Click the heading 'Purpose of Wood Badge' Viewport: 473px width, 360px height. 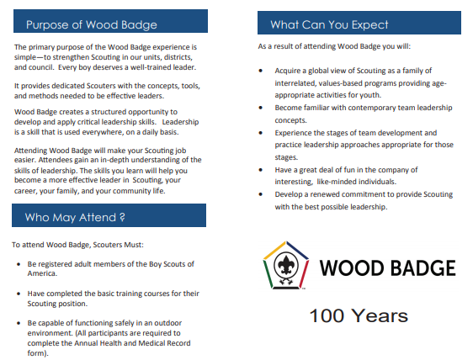pos(92,24)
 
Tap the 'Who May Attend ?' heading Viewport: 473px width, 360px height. pos(75,217)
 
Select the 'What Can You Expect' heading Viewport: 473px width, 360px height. pos(329,24)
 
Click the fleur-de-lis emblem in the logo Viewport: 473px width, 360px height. pos(286,265)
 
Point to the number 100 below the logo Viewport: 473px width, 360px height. pos(327,315)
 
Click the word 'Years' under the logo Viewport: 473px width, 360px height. pos(380,315)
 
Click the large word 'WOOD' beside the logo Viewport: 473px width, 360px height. pos(349,268)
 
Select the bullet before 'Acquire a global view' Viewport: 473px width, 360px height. pos(261,71)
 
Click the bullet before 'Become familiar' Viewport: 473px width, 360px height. pos(261,108)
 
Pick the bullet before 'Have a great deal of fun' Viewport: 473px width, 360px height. pos(261,170)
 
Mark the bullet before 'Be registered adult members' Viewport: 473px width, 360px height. pos(19,264)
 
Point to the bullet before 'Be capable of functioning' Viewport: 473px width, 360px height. pos(19,323)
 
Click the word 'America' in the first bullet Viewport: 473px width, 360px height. pos(41,273)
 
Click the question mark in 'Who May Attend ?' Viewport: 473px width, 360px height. pos(122,217)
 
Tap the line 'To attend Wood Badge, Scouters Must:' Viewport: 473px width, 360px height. pos(77,245)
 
